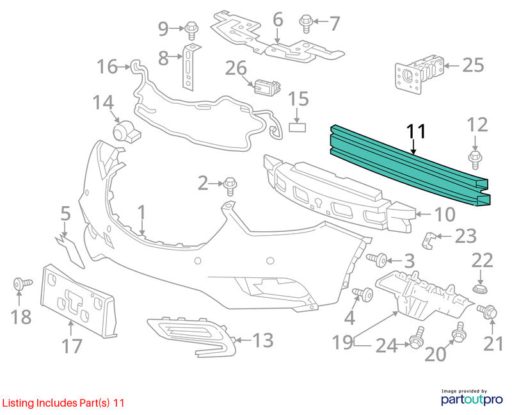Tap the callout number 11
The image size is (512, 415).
(416, 131)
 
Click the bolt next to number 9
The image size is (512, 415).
(191, 30)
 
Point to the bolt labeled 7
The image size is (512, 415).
(306, 24)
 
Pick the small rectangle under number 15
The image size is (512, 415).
(297, 127)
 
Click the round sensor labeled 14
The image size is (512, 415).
(125, 132)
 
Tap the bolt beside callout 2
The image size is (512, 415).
(230, 186)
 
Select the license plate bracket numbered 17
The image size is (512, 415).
(78, 300)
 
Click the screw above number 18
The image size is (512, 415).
(22, 283)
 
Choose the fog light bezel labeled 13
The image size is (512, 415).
(191, 336)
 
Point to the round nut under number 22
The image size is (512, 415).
(480, 289)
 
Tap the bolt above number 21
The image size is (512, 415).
(487, 311)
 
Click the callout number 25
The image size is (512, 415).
(473, 65)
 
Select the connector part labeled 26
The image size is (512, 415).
(268, 87)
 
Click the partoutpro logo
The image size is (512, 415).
(472, 397)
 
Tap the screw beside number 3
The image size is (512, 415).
(376, 260)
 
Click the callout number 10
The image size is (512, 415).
(445, 215)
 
